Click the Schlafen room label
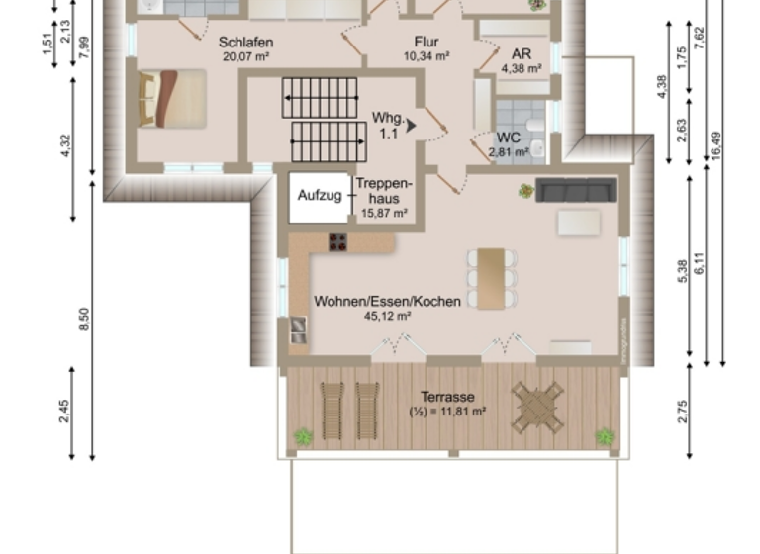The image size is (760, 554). pyautogui.click(x=245, y=43)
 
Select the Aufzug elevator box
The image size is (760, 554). pyautogui.click(x=319, y=196)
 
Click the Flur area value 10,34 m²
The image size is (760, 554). pyautogui.click(x=427, y=57)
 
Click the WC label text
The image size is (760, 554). pyautogui.click(x=509, y=138)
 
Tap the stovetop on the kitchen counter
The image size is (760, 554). pyautogui.click(x=337, y=243)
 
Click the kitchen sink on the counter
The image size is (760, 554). pyautogui.click(x=298, y=330)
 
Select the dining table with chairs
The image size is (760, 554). pyautogui.click(x=492, y=277)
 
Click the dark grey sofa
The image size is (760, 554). pyautogui.click(x=575, y=191)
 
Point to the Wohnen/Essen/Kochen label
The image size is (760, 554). pyautogui.click(x=387, y=301)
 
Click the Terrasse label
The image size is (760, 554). pyautogui.click(x=447, y=395)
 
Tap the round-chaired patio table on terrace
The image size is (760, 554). pyautogui.click(x=537, y=407)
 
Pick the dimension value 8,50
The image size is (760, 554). pyautogui.click(x=84, y=319)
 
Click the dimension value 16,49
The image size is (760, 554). pyautogui.click(x=715, y=145)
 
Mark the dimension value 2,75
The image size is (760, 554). pyautogui.click(x=682, y=413)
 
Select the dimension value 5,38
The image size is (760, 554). pyautogui.click(x=682, y=272)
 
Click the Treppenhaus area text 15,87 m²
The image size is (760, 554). pyautogui.click(x=386, y=212)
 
